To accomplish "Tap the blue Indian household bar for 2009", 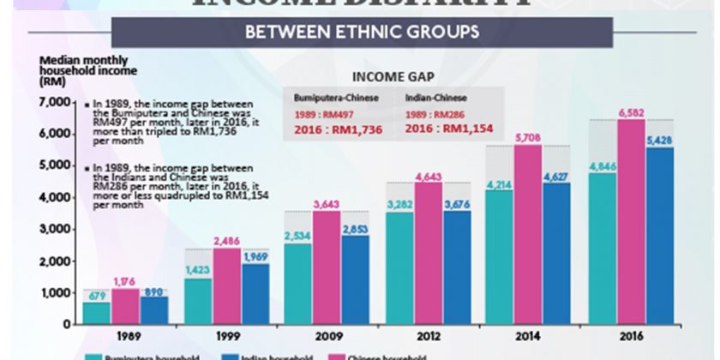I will pyautogui.click(x=356, y=279).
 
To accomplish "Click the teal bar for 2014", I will pyautogui.click(x=501, y=257).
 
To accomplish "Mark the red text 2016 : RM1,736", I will pyautogui.click(x=336, y=129).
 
